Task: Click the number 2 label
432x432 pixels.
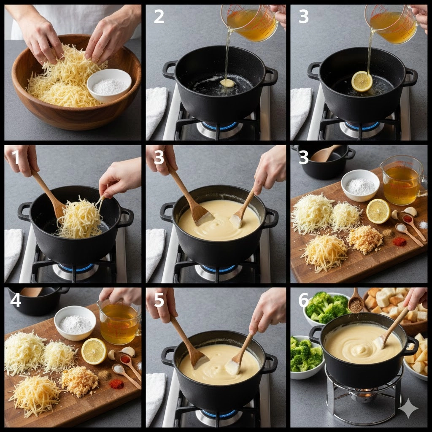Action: [x=159, y=16]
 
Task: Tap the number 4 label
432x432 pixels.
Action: [x=16, y=301]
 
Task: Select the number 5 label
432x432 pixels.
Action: [x=159, y=300]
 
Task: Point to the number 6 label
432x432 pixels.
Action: [x=304, y=300]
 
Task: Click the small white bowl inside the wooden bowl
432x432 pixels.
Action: [x=109, y=85]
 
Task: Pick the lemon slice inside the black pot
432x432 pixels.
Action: [x=362, y=81]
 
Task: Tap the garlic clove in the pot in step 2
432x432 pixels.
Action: [x=227, y=83]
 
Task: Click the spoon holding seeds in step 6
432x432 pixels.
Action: [x=356, y=301]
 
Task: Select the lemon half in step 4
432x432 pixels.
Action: [x=94, y=351]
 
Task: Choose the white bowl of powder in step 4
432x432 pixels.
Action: [x=75, y=323]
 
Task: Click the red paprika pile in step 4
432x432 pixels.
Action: [x=116, y=384]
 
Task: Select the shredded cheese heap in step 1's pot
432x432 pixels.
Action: [x=80, y=218]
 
